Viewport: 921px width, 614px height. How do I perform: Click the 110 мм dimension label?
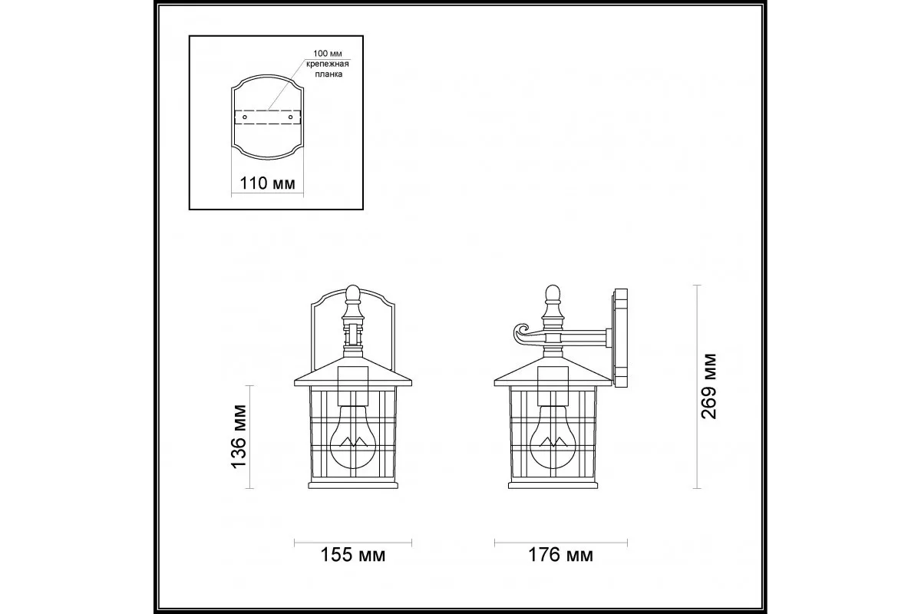[267, 183]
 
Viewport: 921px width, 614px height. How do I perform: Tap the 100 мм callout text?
[328, 54]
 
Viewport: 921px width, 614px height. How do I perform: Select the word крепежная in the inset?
[328, 64]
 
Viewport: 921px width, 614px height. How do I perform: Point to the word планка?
[329, 74]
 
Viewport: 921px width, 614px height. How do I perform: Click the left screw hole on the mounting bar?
[245, 117]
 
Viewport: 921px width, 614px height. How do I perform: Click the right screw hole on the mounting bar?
[290, 117]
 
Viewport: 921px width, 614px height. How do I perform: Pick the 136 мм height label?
[239, 437]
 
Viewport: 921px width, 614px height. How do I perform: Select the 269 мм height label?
[709, 387]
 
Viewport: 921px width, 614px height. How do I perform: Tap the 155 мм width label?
[353, 555]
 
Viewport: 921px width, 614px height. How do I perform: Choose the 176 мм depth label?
[560, 555]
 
